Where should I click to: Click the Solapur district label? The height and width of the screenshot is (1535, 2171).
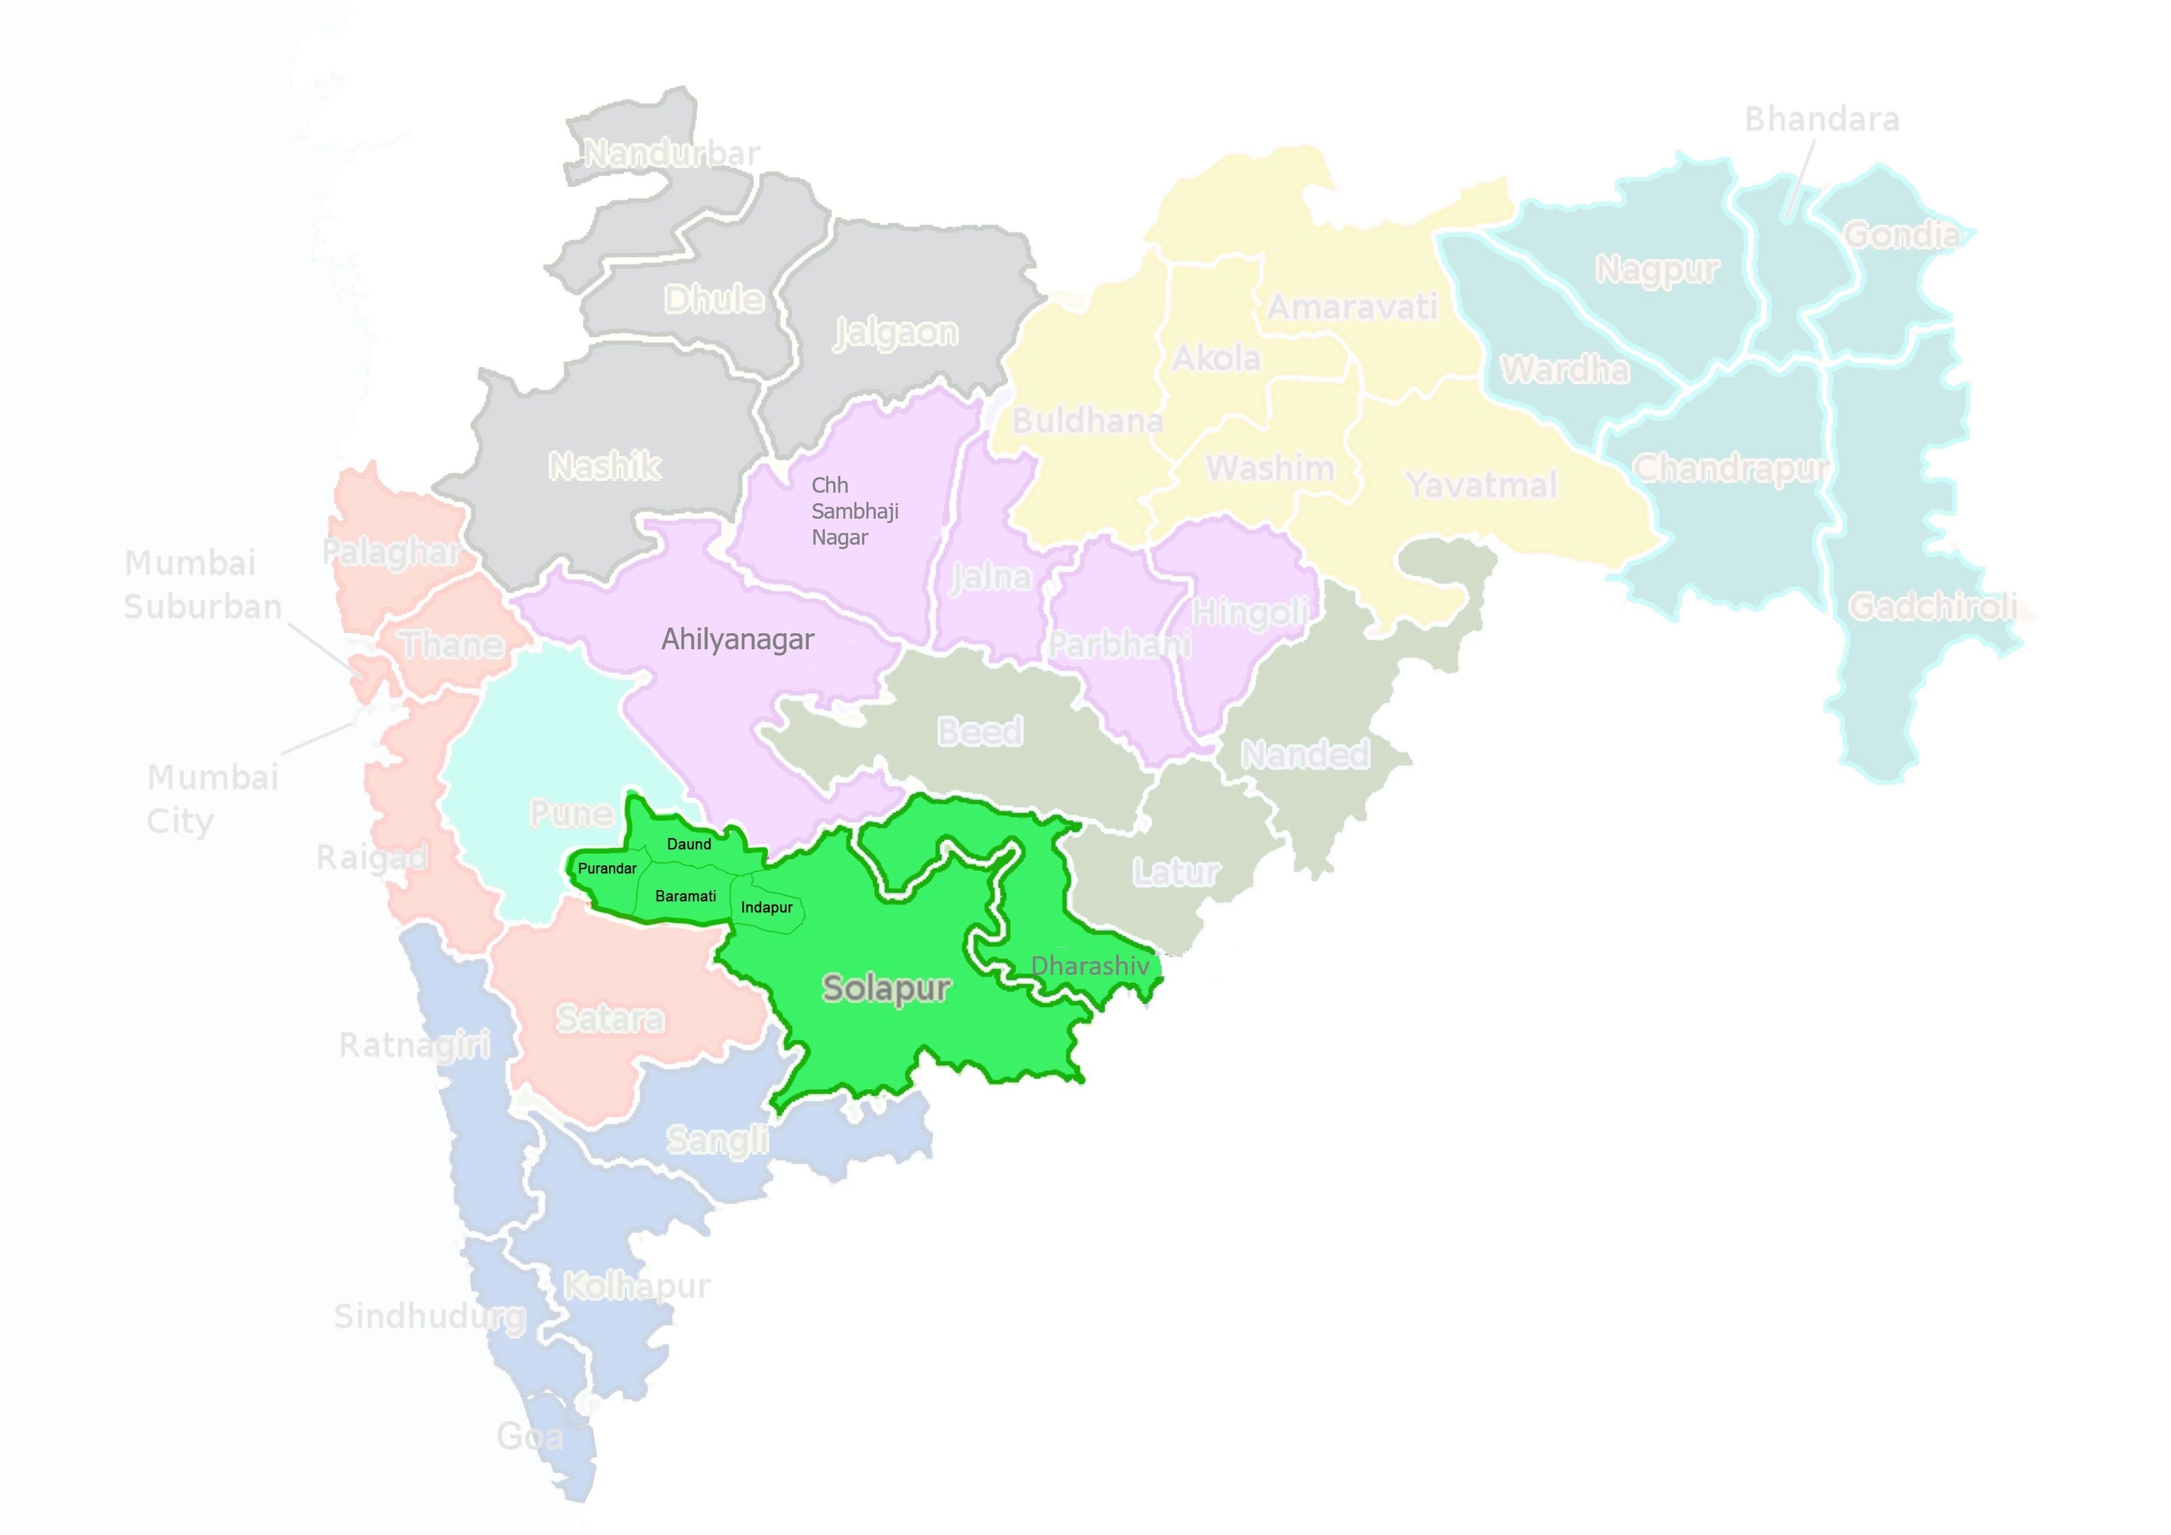[x=886, y=988]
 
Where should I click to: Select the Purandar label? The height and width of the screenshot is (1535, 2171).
[x=607, y=868]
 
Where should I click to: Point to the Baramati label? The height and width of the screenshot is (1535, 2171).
[x=686, y=896]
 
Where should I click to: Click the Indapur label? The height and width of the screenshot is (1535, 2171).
[x=767, y=908]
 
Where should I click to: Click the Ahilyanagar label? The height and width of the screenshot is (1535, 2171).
[x=738, y=639]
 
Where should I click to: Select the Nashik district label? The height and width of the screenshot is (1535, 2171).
[x=604, y=465]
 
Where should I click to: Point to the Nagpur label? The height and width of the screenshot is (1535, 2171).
[x=1657, y=269]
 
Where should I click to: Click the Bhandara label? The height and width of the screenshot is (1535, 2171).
[x=1821, y=119]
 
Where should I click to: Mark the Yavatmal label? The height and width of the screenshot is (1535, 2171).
[x=1481, y=485]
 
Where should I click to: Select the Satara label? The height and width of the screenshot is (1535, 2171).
[x=610, y=1019]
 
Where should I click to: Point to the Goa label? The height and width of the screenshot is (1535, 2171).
[x=530, y=1437]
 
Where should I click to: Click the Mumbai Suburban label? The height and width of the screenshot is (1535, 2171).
[x=202, y=584]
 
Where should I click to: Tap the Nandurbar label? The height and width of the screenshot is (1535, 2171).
[x=671, y=153]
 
